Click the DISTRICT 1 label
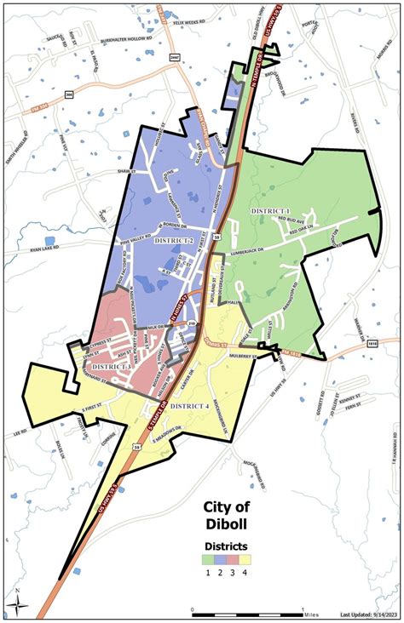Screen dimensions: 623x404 [x=270, y=210]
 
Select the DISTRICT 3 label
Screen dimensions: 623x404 [x=108, y=366]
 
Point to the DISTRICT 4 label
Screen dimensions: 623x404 [x=188, y=405]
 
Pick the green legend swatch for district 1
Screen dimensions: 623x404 [x=208, y=560]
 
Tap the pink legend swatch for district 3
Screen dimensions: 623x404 [x=232, y=560]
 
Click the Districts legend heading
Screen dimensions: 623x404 [x=226, y=545]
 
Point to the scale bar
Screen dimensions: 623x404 [x=247, y=609]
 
